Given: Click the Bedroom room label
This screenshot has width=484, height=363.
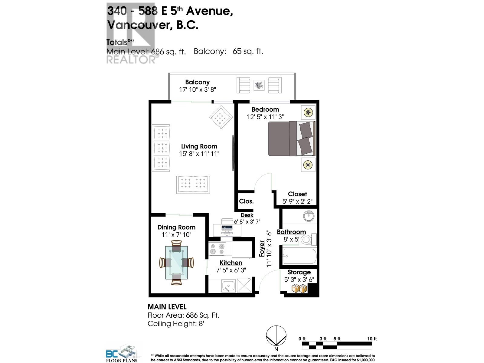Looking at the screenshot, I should pyautogui.click(x=265, y=110).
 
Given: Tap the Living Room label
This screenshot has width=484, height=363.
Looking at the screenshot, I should pyautogui.click(x=199, y=146).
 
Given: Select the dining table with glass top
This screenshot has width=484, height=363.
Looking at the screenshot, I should pyautogui.click(x=176, y=262).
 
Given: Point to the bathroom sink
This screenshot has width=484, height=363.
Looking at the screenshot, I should pyautogui.click(x=309, y=216).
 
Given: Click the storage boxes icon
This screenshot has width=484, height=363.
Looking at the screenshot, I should pyautogui.click(x=299, y=288).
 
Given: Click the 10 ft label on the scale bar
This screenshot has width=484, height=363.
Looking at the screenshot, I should pyautogui.click(x=372, y=339).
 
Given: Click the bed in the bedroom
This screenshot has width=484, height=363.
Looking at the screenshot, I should pyautogui.click(x=292, y=139).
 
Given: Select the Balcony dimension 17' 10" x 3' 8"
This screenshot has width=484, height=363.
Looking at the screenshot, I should pyautogui.click(x=197, y=90).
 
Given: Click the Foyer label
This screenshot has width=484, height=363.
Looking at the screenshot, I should pyautogui.click(x=262, y=249).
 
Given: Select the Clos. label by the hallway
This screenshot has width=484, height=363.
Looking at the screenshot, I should pyautogui.click(x=246, y=201).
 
